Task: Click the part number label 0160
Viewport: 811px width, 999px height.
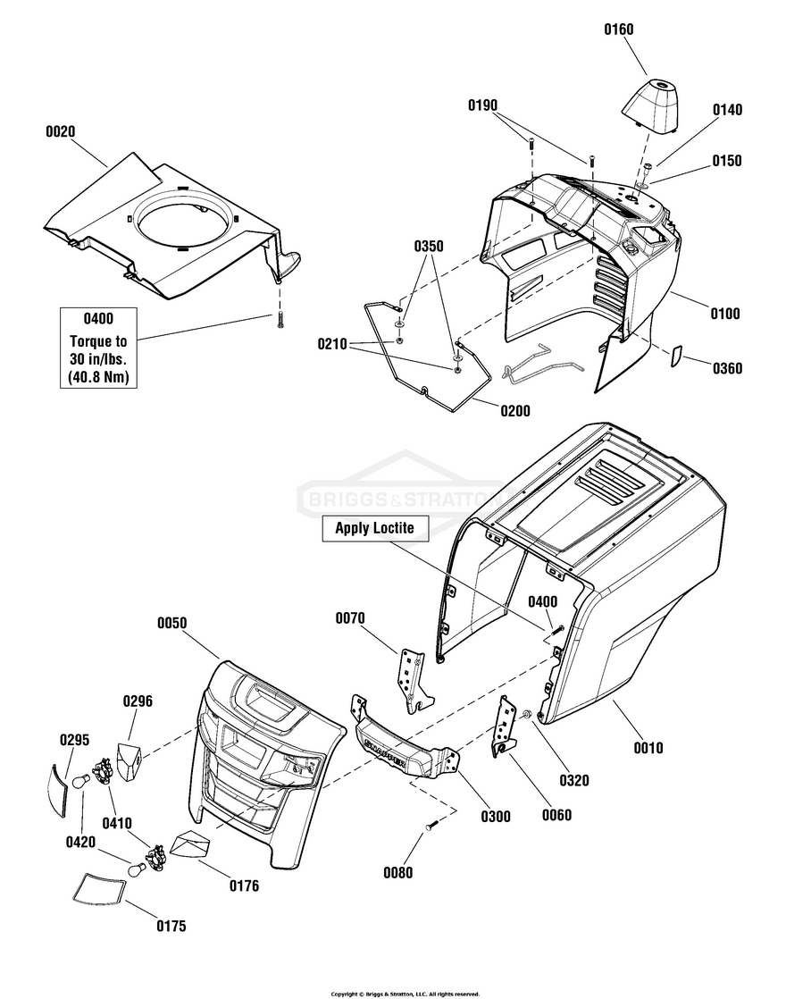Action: (x=618, y=29)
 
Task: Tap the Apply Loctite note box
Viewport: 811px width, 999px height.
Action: (x=374, y=528)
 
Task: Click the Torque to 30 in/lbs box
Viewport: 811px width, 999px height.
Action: (x=98, y=348)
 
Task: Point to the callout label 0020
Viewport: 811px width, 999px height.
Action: (x=60, y=131)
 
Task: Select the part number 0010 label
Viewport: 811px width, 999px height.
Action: (x=648, y=748)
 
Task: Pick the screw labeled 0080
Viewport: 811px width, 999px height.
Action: (x=431, y=826)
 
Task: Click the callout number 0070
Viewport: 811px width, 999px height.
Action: (x=351, y=617)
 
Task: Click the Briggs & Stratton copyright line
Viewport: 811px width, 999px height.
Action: (x=405, y=993)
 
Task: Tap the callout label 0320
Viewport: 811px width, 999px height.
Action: (x=573, y=780)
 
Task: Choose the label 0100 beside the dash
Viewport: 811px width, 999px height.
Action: (x=724, y=314)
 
